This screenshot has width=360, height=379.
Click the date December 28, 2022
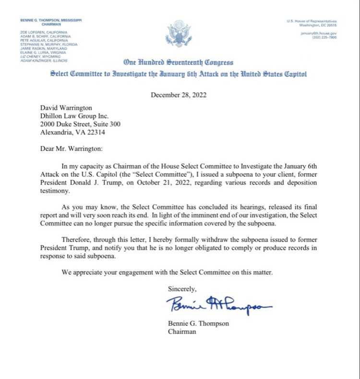179,95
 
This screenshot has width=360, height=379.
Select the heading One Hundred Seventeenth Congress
179,62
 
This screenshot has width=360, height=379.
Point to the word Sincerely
182,288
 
